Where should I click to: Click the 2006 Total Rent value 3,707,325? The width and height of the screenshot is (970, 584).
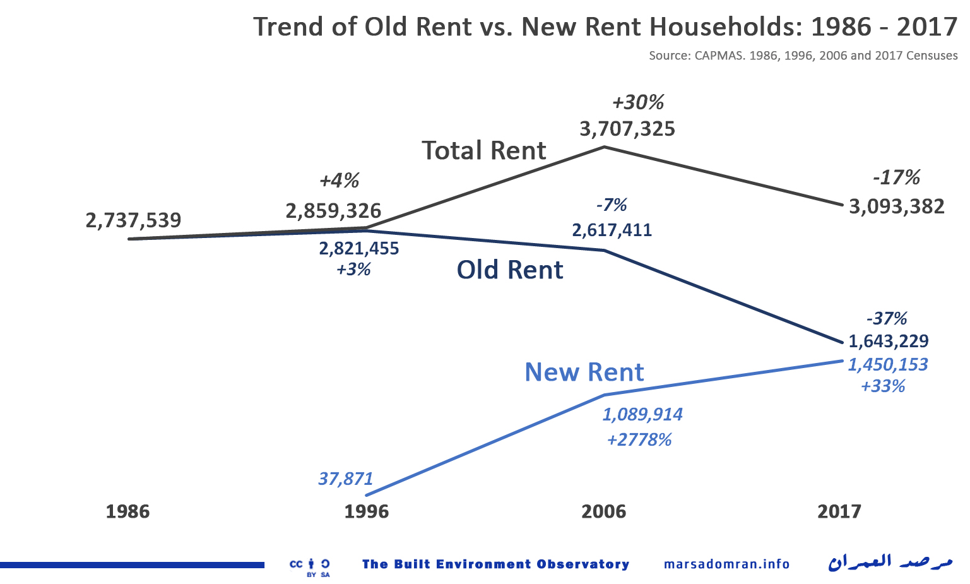pos(627,129)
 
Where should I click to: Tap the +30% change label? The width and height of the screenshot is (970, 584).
pos(638,102)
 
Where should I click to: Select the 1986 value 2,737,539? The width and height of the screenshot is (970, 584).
pos(133,220)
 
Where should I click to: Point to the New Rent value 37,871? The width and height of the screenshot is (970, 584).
pos(345,479)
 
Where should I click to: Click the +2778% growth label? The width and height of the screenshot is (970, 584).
pos(639,439)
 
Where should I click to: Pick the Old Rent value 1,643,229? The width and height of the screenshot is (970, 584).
pos(888,342)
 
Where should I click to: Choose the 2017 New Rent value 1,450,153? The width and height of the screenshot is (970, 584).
pos(887,364)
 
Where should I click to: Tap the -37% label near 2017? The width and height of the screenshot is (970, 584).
pos(887,318)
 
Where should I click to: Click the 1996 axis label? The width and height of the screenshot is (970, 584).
pos(366,511)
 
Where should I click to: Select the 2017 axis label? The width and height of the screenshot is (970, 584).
pos(839,511)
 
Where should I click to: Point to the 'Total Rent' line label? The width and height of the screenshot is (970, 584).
pos(483,151)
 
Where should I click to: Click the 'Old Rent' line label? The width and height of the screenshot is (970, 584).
pos(509,270)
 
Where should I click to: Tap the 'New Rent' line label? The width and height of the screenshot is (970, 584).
pos(584,372)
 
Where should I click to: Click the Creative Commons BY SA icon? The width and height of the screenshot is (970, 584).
pos(309,567)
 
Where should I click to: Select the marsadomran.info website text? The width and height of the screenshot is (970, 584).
pos(726,564)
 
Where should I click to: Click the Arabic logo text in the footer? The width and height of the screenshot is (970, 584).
pos(890,562)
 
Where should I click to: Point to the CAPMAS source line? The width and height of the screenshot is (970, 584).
pos(803,56)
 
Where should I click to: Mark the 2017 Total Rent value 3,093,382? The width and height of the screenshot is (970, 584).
pos(896,206)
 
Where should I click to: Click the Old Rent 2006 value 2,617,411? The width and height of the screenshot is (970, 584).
pos(612,230)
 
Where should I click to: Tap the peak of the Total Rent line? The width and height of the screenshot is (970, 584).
pos(605,147)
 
